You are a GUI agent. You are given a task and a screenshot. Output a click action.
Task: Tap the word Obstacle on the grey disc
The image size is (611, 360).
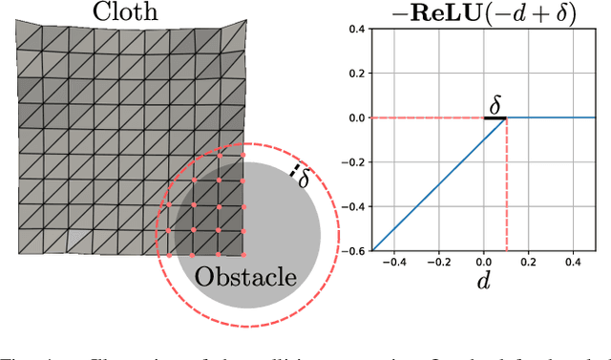point(245,278)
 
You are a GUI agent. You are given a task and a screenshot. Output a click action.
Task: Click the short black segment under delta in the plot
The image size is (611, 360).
point(495,117)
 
